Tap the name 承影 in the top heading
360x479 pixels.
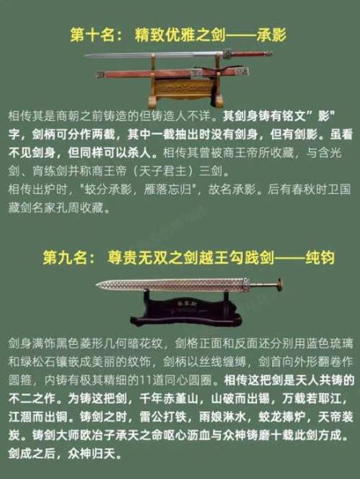pos(268,37)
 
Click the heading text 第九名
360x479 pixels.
pos(69,258)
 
